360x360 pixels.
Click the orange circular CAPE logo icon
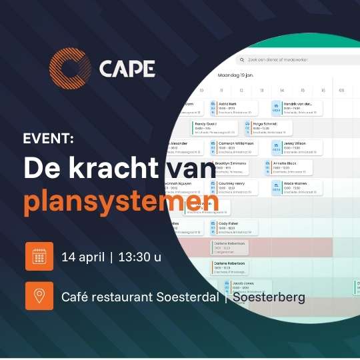point(69,69)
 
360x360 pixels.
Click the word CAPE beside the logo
point(127,69)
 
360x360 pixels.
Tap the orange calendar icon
point(39,257)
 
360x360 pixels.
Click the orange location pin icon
point(39,296)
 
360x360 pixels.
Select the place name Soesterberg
point(269,297)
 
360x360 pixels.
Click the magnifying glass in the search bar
point(243,59)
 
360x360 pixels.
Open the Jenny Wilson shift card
point(297,147)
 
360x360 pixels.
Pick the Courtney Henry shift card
point(234,187)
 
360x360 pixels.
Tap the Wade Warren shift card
point(297,187)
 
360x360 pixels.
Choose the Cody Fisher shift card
point(231,227)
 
